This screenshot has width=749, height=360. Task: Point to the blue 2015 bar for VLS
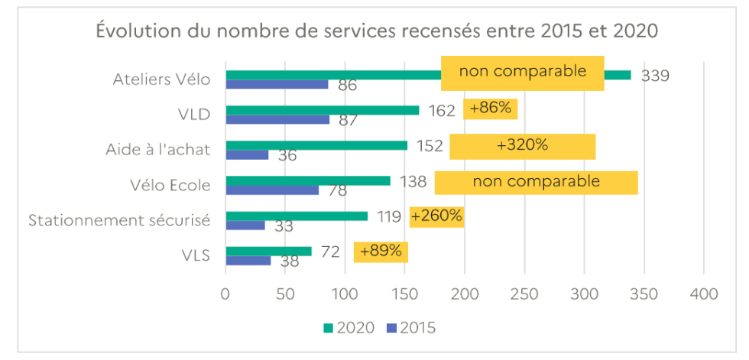tap(249, 261)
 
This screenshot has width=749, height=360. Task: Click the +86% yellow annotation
tap(490, 109)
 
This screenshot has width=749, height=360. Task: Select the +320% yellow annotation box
tap(522, 146)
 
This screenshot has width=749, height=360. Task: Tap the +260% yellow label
tap(436, 216)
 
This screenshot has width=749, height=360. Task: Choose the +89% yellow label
tap(381, 251)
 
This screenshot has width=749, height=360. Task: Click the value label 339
tap(655, 76)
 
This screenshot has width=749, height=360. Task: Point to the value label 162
tap(442, 111)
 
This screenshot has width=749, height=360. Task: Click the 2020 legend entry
tap(349, 328)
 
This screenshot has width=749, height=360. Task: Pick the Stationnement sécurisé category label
tap(119, 221)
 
